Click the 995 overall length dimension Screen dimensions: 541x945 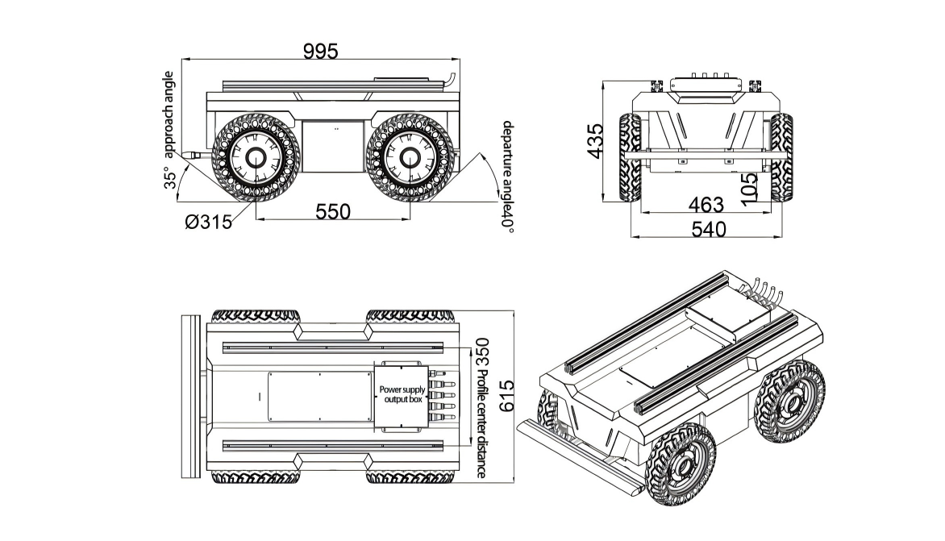[320, 51]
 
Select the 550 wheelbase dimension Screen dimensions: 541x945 [332, 211]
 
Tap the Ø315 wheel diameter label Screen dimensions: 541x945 [208, 221]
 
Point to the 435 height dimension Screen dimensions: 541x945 [595, 141]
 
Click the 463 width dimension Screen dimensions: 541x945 [706, 204]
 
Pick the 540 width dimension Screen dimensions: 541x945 [710, 230]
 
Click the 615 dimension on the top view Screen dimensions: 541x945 [506, 397]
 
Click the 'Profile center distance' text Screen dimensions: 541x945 [482, 424]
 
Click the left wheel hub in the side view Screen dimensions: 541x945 [253, 157]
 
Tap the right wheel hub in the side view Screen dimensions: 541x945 [408, 157]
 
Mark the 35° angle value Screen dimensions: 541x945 [170, 178]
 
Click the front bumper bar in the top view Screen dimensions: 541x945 [191, 396]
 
